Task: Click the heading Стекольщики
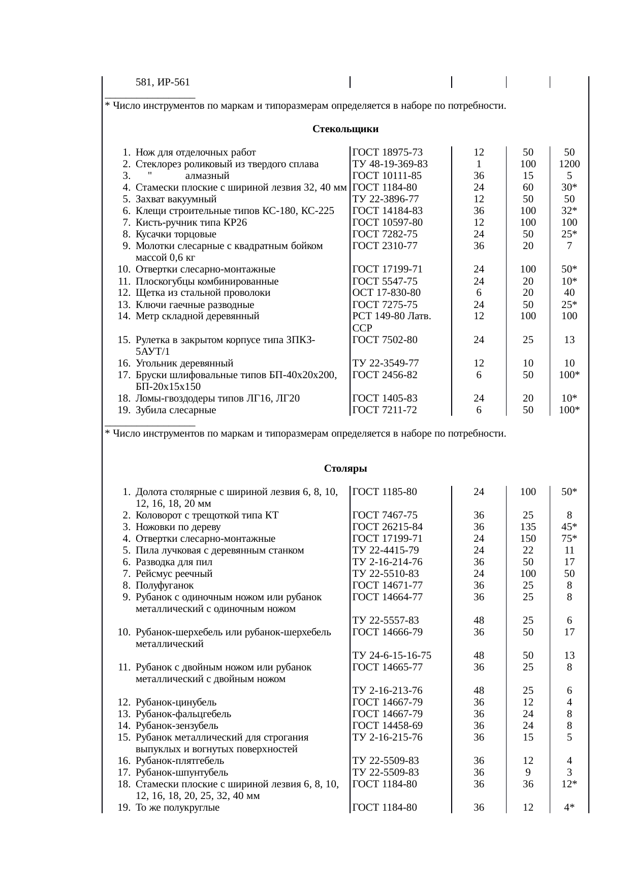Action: pyautogui.click(x=345, y=129)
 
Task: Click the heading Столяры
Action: pyautogui.click(x=345, y=468)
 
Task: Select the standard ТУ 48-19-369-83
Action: pyautogui.click(x=390, y=164)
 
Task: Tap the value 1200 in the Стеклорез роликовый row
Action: pyautogui.click(x=569, y=164)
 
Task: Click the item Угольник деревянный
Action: pyautogui.click(x=184, y=363)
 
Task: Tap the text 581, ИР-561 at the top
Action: pyautogui.click(x=163, y=82)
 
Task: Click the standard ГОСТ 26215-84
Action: pyautogui.click(x=387, y=527)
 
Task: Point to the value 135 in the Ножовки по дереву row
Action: pyautogui.click(x=528, y=527)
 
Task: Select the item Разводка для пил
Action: pyautogui.click(x=174, y=562)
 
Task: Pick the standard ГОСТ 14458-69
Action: pyautogui.click(x=387, y=726)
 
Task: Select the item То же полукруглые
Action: pyautogui.click(x=177, y=807)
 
